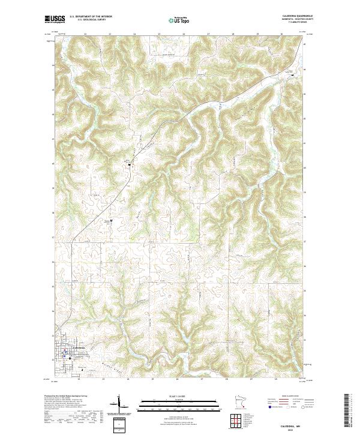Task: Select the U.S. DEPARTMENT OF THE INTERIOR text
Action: [x=91, y=17]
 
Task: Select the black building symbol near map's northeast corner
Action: [x=293, y=73]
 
